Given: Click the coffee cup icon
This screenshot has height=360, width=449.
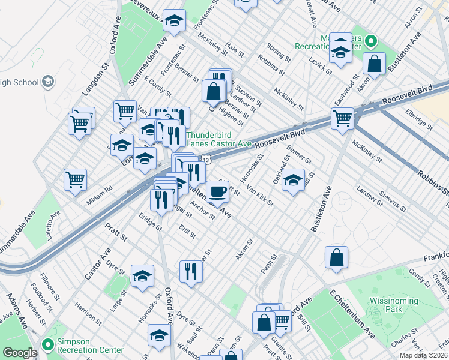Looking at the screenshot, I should point(217,191).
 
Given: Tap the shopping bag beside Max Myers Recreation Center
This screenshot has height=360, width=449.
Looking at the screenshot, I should point(374,64).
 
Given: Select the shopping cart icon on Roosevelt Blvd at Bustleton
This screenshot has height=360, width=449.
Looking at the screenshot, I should point(342,118).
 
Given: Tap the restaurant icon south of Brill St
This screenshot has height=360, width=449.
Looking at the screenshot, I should point(191,271).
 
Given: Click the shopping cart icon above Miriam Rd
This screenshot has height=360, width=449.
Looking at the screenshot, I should point(76,179).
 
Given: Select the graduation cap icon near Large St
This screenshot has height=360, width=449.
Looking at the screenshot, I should point(142,276).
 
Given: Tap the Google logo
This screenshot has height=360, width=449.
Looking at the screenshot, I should point(20,353).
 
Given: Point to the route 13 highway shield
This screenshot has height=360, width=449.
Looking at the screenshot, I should point(205,160).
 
